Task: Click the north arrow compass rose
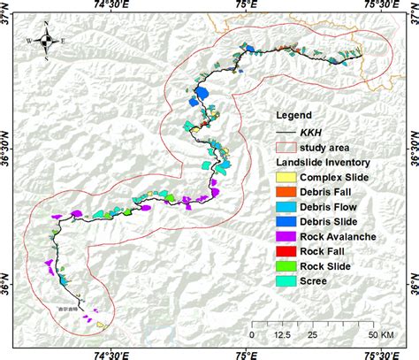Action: point(48,42)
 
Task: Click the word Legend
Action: point(294,115)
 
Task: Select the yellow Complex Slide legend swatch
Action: point(286,178)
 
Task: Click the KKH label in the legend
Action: point(311,131)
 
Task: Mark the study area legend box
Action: point(286,147)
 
